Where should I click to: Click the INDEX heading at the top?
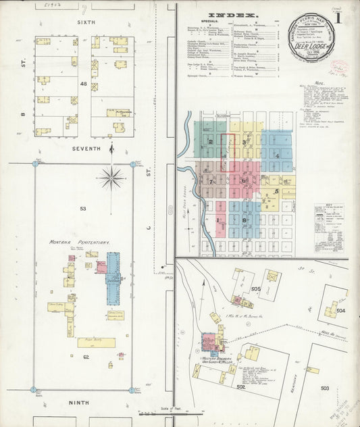point(232,14)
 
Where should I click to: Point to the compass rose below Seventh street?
point(110,178)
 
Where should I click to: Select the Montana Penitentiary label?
point(79,241)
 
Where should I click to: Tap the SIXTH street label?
point(86,22)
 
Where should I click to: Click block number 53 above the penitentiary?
point(83,209)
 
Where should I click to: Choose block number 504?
point(340,310)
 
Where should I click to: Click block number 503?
point(325,388)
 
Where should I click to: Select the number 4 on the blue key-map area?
point(277,156)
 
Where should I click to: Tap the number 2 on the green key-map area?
point(211,142)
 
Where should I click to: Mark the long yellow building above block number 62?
point(96,343)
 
